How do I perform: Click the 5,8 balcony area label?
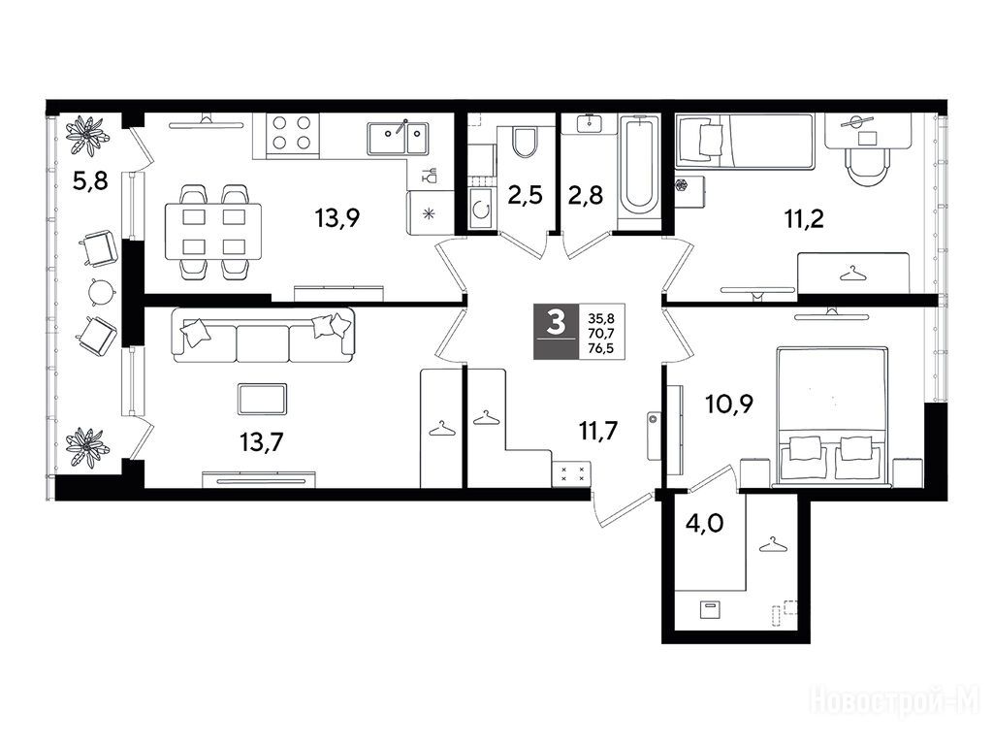point(90,181)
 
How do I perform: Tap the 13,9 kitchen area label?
point(337,218)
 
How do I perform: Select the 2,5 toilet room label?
point(525,195)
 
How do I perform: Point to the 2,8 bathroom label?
point(585,195)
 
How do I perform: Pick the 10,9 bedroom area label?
point(729,403)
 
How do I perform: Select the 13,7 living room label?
point(262,441)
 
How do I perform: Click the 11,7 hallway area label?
point(597,431)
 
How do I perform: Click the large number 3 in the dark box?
point(556,324)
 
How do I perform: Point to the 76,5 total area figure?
point(601,348)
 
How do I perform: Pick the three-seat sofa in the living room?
point(263,336)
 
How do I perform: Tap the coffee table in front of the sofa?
point(263,399)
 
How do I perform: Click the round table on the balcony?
point(102,292)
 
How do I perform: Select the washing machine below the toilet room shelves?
point(481,208)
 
